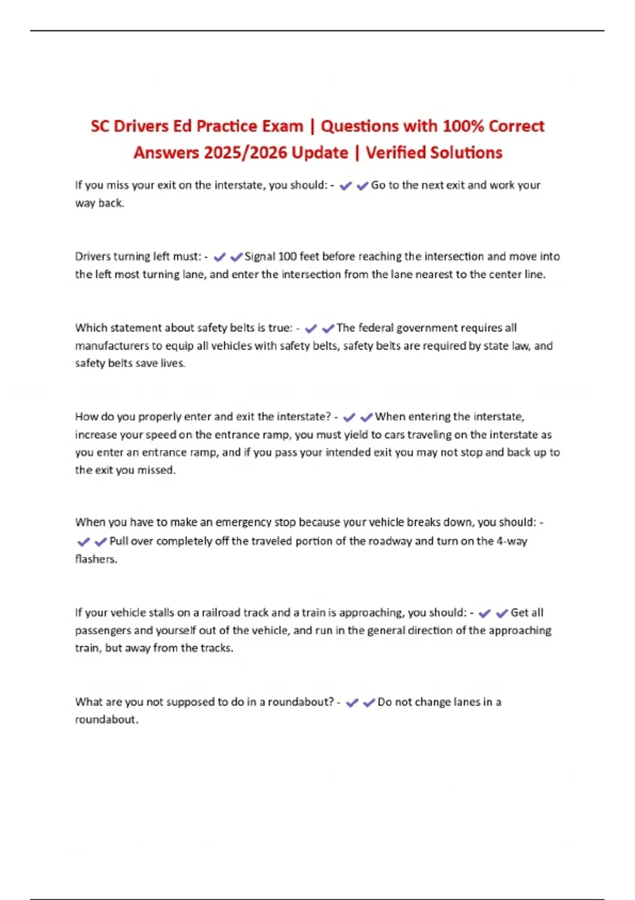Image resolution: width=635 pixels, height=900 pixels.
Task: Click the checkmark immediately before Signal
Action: tap(237, 257)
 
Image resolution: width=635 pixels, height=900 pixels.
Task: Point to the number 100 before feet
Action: tap(287, 256)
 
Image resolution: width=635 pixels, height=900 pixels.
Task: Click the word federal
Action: tap(376, 328)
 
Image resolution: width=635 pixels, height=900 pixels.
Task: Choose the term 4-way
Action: tap(512, 541)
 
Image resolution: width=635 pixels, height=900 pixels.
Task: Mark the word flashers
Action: tap(96, 559)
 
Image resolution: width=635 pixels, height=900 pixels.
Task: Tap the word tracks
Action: tap(216, 648)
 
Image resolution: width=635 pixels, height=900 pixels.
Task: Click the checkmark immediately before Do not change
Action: tap(369, 703)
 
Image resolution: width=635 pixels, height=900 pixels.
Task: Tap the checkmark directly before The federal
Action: tap(328, 329)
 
